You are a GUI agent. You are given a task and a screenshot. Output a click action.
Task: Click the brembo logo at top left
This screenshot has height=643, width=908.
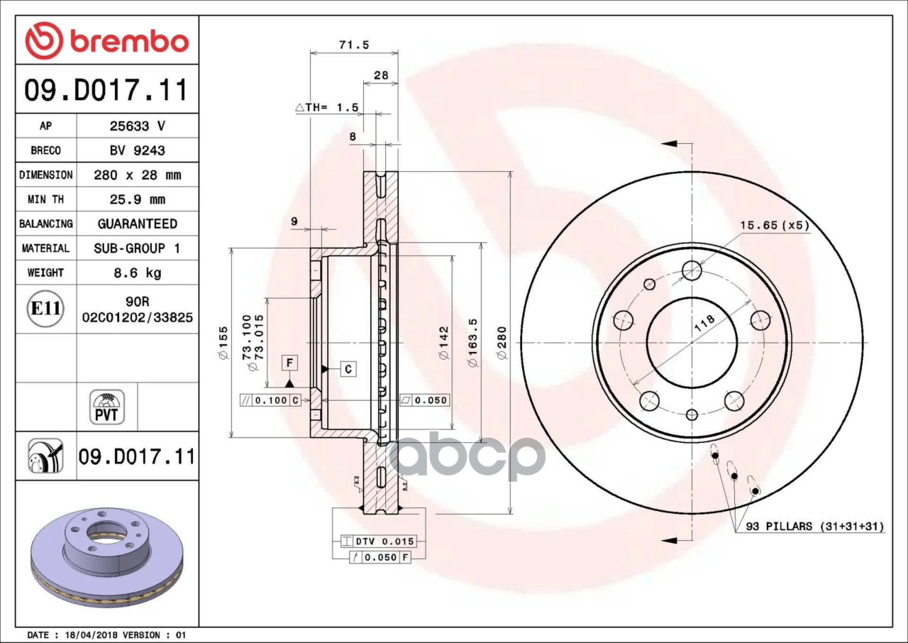pos(107,40)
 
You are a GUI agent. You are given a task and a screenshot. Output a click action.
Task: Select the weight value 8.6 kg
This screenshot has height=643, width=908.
pos(138,273)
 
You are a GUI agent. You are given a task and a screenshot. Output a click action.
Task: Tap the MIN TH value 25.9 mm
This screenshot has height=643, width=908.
pos(138,199)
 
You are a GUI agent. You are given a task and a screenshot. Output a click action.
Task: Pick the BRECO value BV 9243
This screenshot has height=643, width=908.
pos(138,150)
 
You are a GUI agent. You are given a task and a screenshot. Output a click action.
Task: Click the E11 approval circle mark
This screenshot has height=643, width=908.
pos(45,309)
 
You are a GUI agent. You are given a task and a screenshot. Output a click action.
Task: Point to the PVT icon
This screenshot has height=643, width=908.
pos(107,407)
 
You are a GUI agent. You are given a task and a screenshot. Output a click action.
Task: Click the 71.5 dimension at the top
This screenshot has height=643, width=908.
pos(354,45)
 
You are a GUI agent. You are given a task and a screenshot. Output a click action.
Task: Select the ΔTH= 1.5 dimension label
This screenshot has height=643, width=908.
pos(327,107)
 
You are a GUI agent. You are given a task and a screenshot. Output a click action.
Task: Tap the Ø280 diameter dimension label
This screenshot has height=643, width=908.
pos(502,343)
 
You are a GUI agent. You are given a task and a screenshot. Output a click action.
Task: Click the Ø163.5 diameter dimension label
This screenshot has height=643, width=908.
pos(472,343)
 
